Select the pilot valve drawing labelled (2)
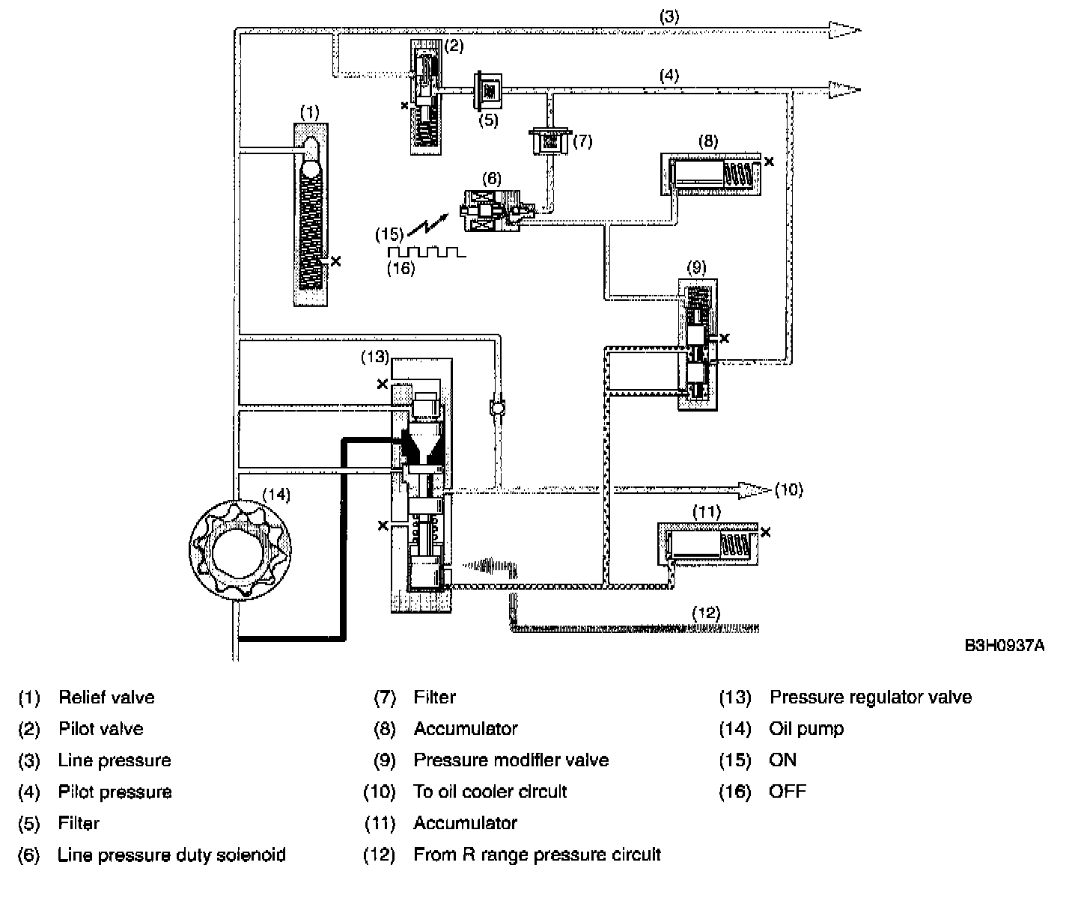[426, 97]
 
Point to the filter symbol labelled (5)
[488, 91]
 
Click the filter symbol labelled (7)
[550, 141]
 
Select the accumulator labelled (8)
[711, 175]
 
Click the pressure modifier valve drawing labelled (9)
[698, 344]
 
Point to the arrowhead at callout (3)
[844, 30]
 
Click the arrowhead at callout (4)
[844, 90]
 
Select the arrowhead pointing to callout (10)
[755, 490]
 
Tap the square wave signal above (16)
[426, 252]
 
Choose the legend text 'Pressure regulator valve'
[870, 697]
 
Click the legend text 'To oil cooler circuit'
[490, 792]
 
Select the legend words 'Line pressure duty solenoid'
[171, 855]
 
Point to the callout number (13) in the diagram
[374, 357]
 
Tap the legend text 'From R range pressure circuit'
[537, 855]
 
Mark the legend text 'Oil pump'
[806, 729]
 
